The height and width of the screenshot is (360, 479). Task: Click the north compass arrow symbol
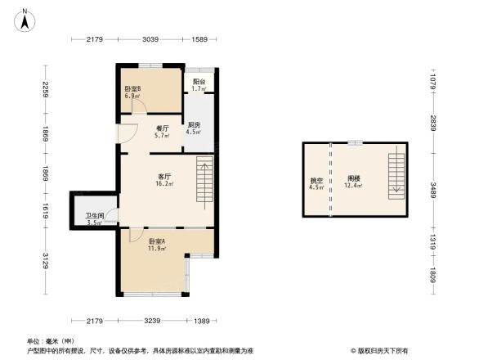(26, 18)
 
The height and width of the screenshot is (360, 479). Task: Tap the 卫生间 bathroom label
(94, 218)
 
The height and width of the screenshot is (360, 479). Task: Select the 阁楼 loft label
(354, 182)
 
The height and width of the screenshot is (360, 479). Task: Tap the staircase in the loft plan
(396, 174)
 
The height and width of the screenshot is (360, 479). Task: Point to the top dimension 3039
(150, 39)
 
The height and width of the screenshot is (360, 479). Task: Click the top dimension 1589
(199, 39)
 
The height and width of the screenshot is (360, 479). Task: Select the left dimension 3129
(47, 262)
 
